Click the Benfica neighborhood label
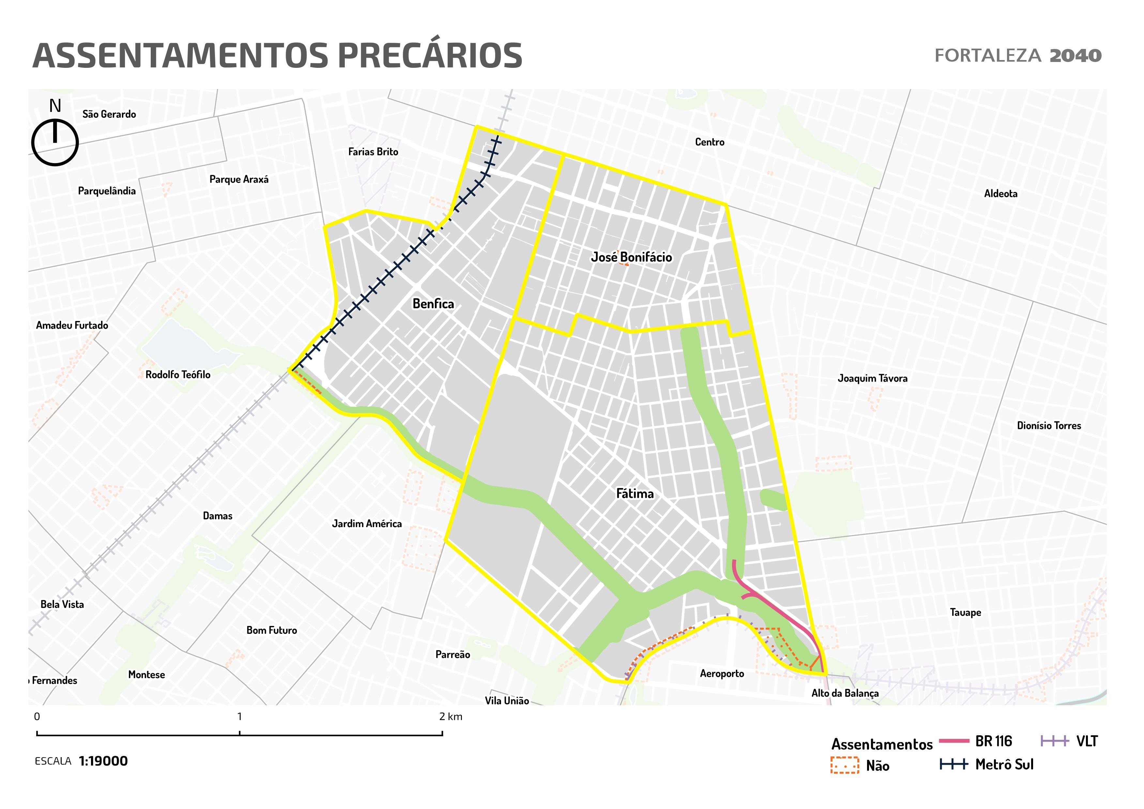[x=433, y=304]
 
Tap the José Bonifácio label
[x=631, y=257]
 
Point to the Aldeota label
[x=1000, y=194]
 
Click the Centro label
[x=709, y=142]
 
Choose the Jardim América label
[x=367, y=524]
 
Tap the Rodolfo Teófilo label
[x=178, y=374]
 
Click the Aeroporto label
[x=722, y=674]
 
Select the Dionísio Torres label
[x=1049, y=425]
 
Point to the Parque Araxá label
[x=239, y=179]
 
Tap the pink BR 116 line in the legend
[x=954, y=741]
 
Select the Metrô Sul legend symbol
[x=954, y=764]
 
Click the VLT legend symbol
[x=1055, y=741]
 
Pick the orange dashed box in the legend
[x=845, y=765]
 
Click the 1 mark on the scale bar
[x=240, y=733]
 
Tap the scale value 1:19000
[x=103, y=761]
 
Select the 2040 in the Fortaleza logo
[x=1075, y=56]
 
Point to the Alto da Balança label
[x=845, y=693]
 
